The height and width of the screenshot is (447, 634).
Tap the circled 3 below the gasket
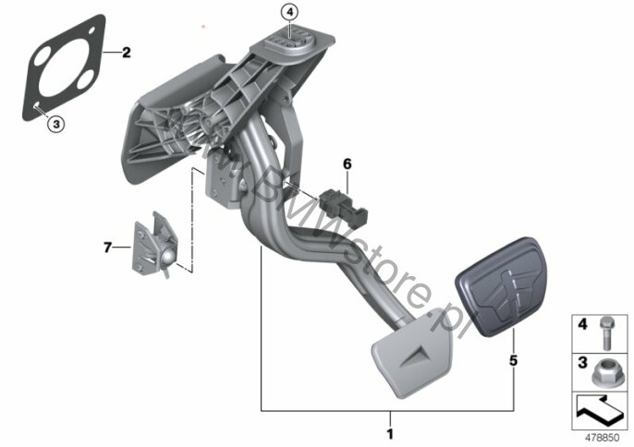(55, 122)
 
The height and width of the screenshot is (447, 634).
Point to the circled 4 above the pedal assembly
(289, 12)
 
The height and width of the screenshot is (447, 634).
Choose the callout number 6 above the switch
(347, 164)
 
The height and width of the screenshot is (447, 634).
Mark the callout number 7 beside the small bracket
(107, 247)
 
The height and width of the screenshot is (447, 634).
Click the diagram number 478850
(603, 436)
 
